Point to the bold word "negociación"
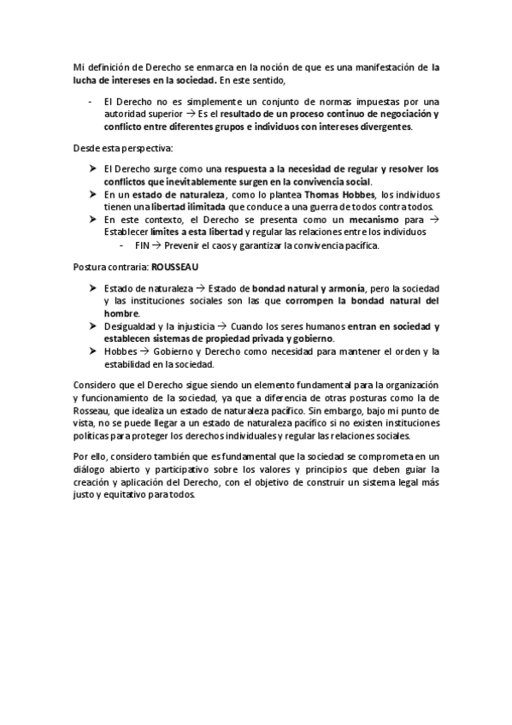394,114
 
